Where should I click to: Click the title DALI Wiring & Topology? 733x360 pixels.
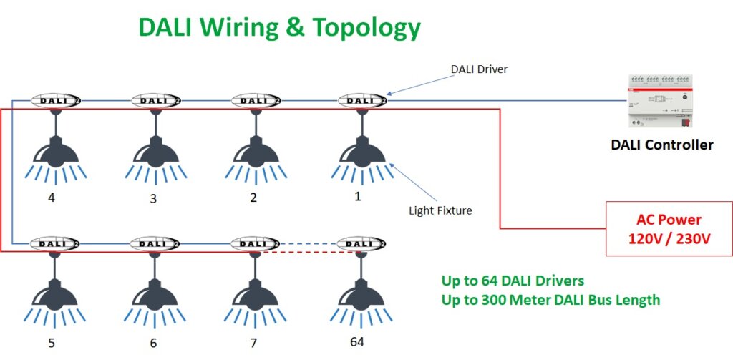pos(279,26)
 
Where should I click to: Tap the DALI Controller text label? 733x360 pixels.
pos(661,145)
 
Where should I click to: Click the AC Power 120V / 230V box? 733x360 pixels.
pos(669,229)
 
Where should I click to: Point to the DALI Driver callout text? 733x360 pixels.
pos(479,69)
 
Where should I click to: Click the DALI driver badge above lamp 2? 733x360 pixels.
pos(257,101)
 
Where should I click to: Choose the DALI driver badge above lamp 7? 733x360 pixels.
pos(257,244)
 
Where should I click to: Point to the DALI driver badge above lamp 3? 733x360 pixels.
pos(157,101)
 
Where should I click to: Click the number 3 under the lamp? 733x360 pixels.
pos(153,198)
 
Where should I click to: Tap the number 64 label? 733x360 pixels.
pos(356,341)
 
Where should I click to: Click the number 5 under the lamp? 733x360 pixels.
pos(52,343)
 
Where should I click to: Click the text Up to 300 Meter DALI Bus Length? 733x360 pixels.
pos(550,300)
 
